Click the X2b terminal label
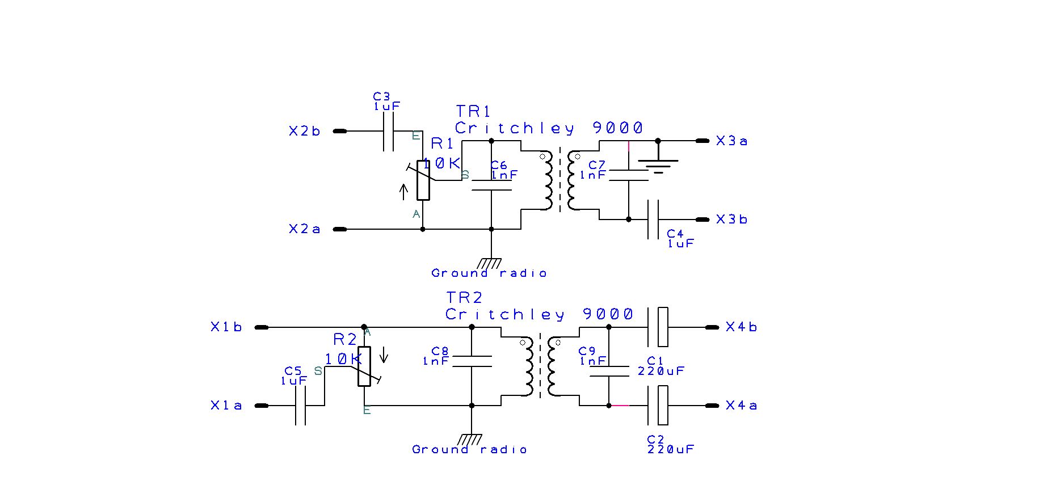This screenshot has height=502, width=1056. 304,132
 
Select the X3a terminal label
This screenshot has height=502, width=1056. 731,141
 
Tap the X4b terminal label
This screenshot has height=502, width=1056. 741,327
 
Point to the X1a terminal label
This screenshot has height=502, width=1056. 226,406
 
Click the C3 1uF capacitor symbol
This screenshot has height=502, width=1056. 388,131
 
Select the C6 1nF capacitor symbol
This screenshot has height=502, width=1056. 491,185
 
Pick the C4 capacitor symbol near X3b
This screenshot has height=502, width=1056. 653,220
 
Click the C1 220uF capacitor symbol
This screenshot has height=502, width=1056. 658,327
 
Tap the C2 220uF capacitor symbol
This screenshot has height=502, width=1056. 658,406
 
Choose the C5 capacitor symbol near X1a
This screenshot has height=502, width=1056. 301,406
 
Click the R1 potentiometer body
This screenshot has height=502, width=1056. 423,180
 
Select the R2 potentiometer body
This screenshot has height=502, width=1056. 364,366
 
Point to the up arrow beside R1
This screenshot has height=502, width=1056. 403,192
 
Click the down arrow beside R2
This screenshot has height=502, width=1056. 384,355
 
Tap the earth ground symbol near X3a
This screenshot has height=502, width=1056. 658,166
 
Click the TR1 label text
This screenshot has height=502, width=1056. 473,111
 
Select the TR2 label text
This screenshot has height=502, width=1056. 464,298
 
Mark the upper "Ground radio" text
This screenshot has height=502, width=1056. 489,273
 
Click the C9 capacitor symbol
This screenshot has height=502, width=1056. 609,372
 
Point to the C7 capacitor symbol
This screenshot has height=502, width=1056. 628,175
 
